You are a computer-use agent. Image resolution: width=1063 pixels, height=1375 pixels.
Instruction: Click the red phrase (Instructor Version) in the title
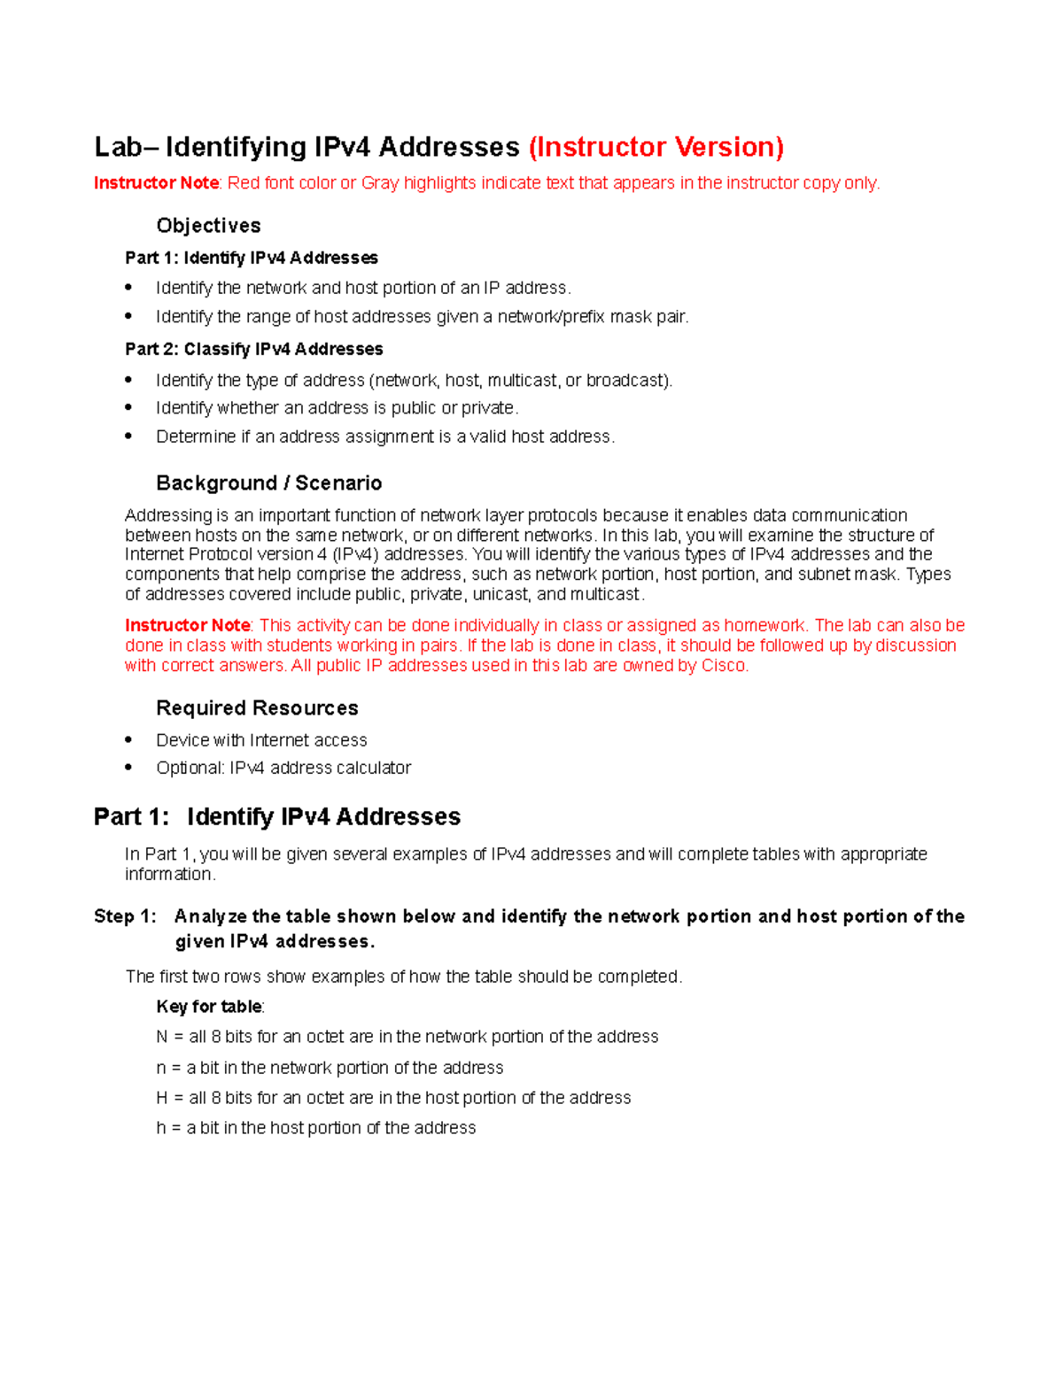coord(656,147)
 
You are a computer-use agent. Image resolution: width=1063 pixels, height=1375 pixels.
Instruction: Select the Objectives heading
coord(208,226)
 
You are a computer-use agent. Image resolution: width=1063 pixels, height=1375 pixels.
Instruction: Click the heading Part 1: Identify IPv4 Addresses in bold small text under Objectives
coord(252,258)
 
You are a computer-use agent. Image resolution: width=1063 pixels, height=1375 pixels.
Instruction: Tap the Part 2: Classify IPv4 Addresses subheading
coord(254,349)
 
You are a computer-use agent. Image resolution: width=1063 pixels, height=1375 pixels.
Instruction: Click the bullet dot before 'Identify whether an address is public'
coord(129,407)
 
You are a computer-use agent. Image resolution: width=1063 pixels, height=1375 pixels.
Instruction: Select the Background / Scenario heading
coord(268,483)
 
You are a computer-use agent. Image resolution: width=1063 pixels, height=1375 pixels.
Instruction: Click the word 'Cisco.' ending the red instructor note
coord(725,666)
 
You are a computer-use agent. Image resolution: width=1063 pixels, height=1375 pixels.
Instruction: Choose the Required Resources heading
coord(257,708)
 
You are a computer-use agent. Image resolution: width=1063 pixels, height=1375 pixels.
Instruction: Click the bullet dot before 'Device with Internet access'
coord(129,739)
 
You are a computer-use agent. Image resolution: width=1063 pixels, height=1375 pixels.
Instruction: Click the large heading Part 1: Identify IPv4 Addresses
coord(277,816)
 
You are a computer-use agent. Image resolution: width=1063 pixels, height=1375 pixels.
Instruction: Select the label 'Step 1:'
coord(125,916)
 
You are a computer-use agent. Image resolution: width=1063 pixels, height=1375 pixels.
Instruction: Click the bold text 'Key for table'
coord(208,1007)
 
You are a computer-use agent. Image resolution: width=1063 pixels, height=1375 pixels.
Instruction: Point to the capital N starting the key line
coord(161,1037)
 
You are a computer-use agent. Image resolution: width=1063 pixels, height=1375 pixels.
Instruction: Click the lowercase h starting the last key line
coord(161,1128)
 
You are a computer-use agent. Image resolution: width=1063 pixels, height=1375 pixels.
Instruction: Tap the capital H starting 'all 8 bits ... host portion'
coord(161,1098)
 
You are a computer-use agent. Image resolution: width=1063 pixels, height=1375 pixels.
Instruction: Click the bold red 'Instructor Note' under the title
coord(156,183)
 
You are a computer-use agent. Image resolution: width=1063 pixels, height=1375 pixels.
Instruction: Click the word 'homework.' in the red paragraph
coord(765,625)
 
